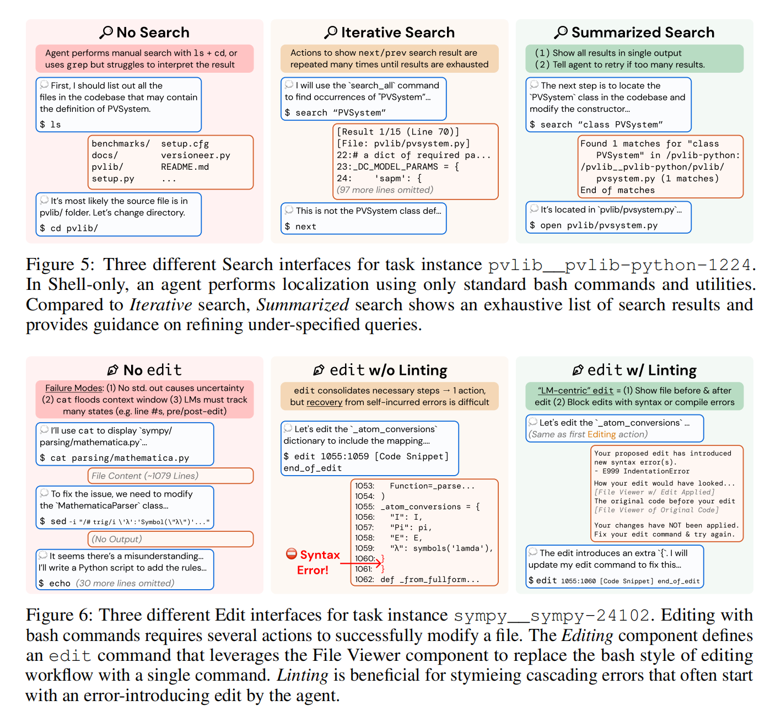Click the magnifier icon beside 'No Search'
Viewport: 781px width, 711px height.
coord(106,33)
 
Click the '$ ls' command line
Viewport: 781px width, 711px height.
coord(51,125)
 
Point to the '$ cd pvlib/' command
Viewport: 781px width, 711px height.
coord(69,228)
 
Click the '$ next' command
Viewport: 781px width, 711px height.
coord(300,227)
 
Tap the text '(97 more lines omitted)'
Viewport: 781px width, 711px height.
coord(385,190)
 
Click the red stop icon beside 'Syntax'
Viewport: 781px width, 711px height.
coord(292,554)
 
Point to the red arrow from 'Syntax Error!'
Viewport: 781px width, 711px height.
coord(361,563)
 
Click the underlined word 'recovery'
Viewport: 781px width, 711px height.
coord(324,402)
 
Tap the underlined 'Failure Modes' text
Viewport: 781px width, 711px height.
coord(74,388)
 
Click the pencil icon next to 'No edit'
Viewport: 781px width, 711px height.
coord(113,370)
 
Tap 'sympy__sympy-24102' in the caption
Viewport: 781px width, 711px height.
coord(552,616)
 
